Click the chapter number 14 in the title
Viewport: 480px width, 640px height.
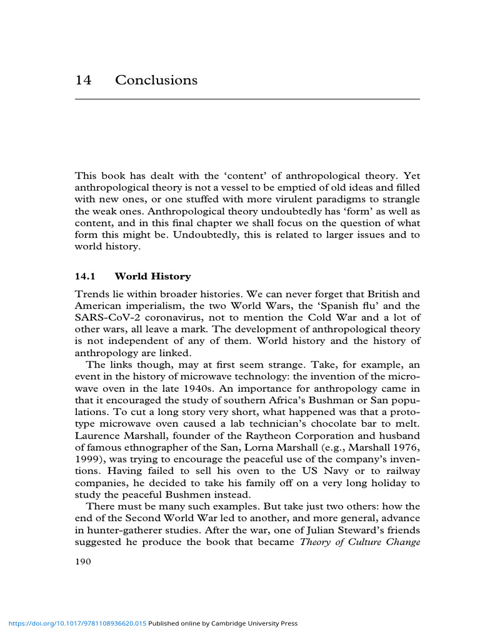[83, 81]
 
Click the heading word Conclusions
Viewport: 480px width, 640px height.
[156, 81]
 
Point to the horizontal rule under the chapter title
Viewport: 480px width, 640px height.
[247, 99]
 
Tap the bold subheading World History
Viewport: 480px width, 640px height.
[152, 276]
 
